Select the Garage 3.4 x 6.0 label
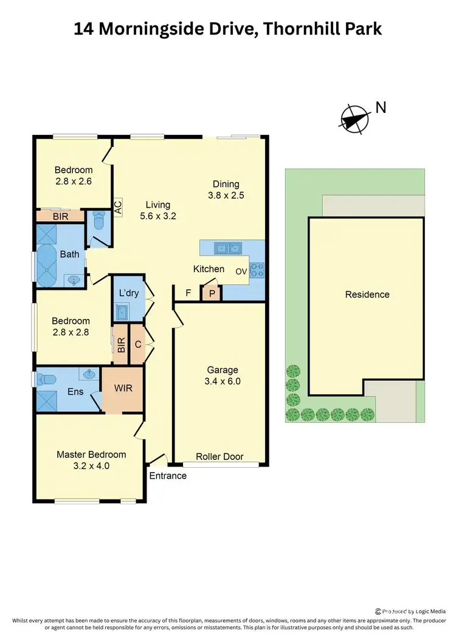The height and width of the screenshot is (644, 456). (x=222, y=375)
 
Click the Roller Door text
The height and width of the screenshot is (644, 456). (x=220, y=456)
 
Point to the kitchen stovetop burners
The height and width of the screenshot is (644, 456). (x=258, y=270)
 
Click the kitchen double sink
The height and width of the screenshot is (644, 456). (x=229, y=247)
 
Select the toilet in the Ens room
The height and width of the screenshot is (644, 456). (x=46, y=380)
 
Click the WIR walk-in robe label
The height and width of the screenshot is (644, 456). (x=123, y=388)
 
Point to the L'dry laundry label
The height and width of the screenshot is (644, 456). (x=129, y=293)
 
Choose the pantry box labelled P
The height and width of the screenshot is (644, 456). (x=212, y=293)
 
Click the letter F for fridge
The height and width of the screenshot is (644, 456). (x=188, y=293)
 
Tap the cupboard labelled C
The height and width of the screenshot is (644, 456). (x=138, y=344)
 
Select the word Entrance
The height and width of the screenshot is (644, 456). (x=168, y=475)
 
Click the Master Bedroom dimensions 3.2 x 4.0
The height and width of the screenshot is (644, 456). (x=91, y=466)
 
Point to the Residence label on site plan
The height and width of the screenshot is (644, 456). (x=367, y=295)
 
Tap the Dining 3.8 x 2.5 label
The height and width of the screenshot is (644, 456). (x=226, y=190)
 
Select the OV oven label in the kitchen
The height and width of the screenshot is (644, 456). (x=241, y=271)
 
